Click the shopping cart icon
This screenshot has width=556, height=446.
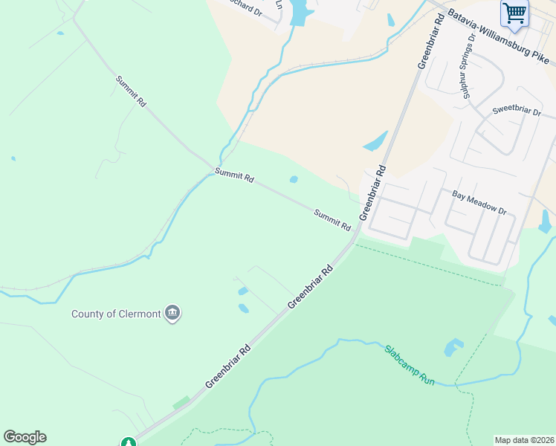point(514,13)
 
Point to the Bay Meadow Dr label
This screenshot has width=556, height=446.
point(479,201)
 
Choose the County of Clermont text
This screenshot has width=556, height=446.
point(116,314)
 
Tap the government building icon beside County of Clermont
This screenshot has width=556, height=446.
point(172,313)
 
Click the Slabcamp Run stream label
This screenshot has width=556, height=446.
point(410,363)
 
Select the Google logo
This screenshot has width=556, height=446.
point(25,437)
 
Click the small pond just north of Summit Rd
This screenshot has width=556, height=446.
point(294,179)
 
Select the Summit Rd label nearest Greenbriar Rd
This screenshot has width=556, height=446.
point(332,219)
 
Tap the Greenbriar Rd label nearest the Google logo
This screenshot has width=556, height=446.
point(229,366)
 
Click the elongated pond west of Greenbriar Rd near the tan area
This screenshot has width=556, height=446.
point(375,140)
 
